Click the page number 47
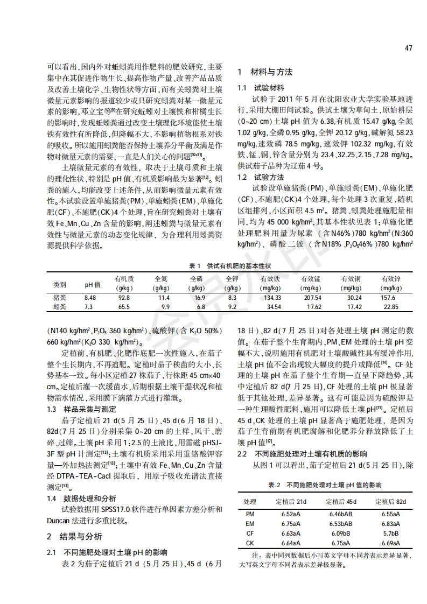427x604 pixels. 409,48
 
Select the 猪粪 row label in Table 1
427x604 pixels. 60,298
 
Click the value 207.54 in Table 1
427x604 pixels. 312,298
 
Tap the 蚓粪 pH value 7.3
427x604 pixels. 89,307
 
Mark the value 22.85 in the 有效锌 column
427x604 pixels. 391,307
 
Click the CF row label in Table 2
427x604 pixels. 250,533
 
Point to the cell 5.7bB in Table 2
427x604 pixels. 391,533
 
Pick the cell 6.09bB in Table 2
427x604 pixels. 341,533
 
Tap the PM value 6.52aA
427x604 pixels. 291,514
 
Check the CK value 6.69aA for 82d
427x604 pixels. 391,543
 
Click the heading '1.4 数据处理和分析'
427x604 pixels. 81,498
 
